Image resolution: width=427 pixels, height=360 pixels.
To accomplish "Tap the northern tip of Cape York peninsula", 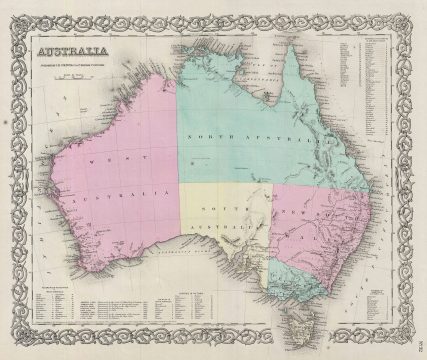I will (289, 46).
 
